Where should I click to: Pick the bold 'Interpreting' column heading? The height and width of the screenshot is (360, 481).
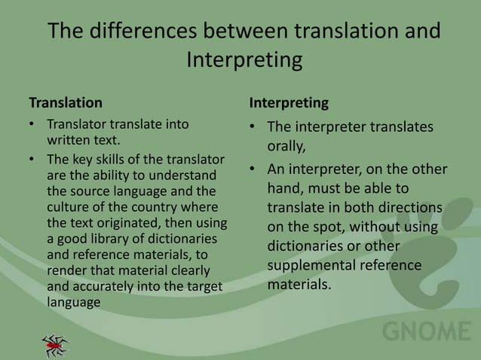(288, 100)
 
